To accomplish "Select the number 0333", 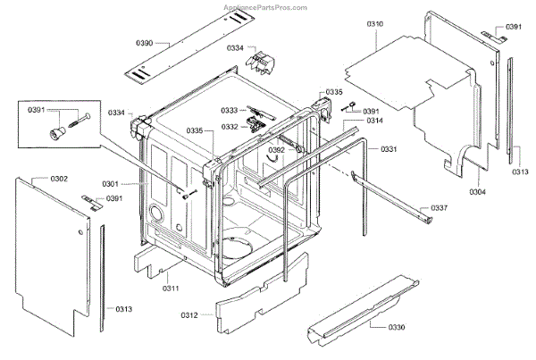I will pos(230,111).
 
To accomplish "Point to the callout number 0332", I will pos(230,127).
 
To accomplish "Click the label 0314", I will pos(374,120).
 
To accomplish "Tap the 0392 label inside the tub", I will pos(277,149).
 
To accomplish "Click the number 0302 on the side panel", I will pos(58,179).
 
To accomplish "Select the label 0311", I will pos(171,288).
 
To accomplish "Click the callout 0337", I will pos(439,208).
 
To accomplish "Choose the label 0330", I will pos(398,328).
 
